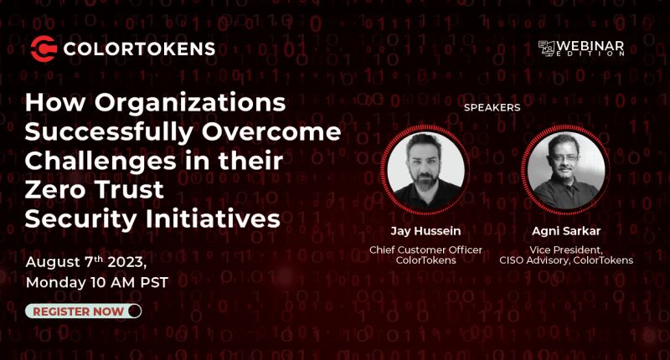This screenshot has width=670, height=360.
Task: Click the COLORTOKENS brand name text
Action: [x=138, y=49]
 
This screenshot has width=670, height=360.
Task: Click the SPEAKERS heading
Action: [x=492, y=108]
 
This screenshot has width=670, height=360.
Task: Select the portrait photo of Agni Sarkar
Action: [x=565, y=169]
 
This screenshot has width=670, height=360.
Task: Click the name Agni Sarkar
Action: [x=566, y=229]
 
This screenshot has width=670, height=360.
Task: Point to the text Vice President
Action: [x=565, y=249]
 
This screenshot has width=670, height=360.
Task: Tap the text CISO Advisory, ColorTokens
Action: [x=565, y=260]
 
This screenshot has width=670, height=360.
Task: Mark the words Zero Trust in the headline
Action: [x=94, y=190]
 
